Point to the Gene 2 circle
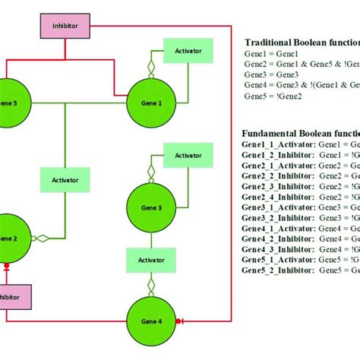(x=9, y=238)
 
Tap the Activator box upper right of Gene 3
(x=188, y=155)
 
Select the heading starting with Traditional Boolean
(x=300, y=43)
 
